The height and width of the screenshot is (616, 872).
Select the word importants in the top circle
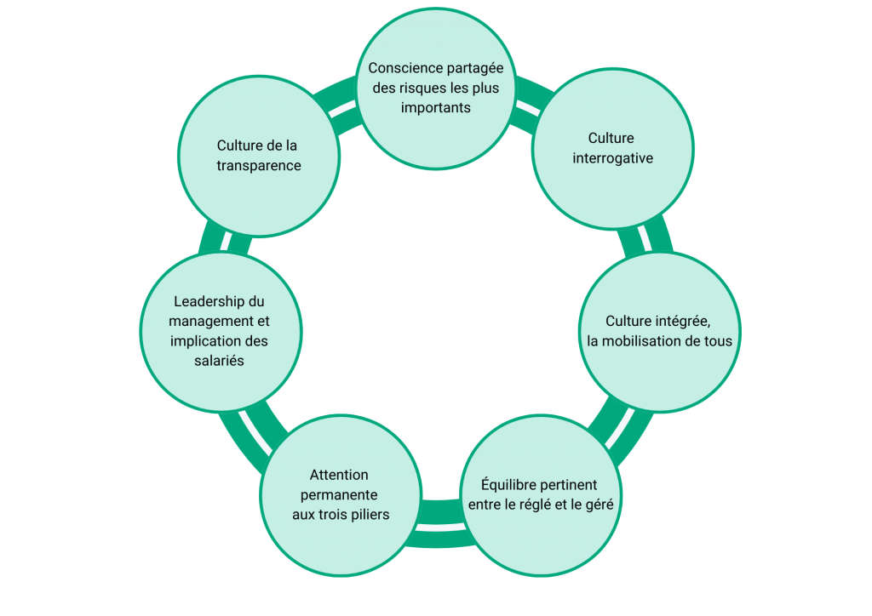435,108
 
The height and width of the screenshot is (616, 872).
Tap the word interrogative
612,158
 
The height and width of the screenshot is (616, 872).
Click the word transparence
258,166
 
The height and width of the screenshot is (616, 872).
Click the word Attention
339,475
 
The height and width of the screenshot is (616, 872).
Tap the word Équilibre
510,485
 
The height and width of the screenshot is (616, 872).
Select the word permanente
340,494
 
